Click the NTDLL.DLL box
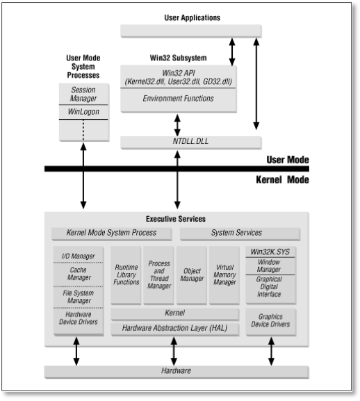coord(191,142)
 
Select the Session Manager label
coord(83,94)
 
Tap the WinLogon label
coord(83,112)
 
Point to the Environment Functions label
coord(178,99)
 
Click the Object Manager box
coord(192,275)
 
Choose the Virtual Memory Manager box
coord(224,275)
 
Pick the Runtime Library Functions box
coord(126,275)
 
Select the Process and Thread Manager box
coord(158,275)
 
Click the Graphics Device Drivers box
coord(271,322)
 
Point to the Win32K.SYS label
coord(270,252)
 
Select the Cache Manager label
coord(79,274)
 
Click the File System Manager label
coord(79,297)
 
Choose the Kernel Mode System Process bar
coord(112,234)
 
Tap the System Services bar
coord(240,234)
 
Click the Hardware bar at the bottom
coord(177,372)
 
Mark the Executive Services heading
coord(176,219)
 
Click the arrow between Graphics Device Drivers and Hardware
coord(271,351)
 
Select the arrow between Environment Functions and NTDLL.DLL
coord(177,125)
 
